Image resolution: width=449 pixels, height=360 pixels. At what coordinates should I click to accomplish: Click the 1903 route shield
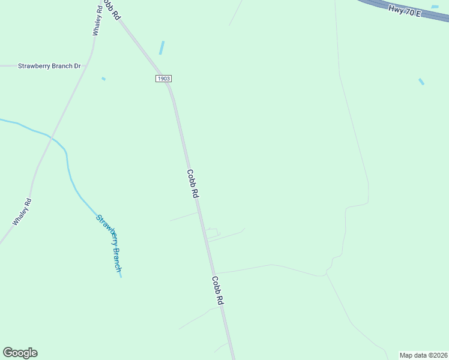163,79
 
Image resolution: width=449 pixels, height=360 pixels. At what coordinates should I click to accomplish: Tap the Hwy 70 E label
405,10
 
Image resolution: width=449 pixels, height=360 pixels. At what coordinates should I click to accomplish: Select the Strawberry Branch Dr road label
49,66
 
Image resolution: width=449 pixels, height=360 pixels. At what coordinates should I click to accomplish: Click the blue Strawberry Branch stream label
110,242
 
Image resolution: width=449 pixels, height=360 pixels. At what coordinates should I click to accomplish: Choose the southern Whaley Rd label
22,212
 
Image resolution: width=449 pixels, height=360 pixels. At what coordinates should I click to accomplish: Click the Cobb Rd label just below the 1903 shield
192,184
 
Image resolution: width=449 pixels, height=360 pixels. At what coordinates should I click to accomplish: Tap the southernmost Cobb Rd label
217,291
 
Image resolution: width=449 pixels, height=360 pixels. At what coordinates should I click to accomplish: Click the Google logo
20,353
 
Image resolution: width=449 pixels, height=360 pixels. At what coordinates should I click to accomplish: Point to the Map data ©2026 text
423,355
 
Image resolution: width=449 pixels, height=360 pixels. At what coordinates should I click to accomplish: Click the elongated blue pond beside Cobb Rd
161,47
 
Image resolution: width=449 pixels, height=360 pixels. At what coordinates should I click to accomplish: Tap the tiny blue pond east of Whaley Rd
103,79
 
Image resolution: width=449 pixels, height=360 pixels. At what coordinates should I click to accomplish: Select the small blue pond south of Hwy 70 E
421,82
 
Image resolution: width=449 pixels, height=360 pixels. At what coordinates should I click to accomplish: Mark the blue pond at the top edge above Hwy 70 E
435,7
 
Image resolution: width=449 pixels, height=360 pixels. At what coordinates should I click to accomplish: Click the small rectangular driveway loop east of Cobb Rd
212,232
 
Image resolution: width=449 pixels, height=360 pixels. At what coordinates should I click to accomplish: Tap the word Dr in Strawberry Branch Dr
77,66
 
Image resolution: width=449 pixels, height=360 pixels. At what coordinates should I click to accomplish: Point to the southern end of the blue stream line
121,277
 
